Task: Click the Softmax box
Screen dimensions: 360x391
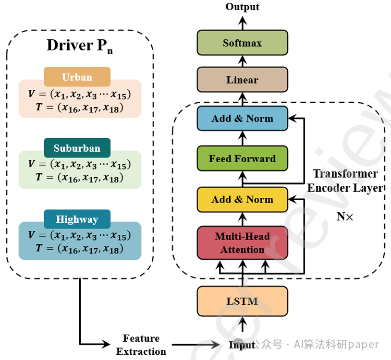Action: tap(242, 43)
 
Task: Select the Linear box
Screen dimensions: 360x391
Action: tap(242, 80)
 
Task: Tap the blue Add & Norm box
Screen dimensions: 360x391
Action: tap(242, 119)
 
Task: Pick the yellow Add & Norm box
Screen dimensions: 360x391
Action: tap(242, 199)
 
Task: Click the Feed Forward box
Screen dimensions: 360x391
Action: tap(242, 158)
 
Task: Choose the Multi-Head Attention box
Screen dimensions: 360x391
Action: tap(242, 242)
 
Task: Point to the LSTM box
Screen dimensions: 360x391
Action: tap(242, 301)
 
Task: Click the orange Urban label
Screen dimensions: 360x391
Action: tap(77, 77)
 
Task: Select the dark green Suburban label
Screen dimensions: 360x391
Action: tap(77, 148)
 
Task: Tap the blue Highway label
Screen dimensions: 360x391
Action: tap(77, 219)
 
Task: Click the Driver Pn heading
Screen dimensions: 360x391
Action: tap(80, 46)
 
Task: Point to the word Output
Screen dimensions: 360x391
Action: tap(242, 7)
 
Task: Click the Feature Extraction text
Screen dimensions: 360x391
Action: tap(141, 345)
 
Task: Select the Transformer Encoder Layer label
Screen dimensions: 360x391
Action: tap(345, 180)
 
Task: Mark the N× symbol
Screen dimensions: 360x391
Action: tap(344, 216)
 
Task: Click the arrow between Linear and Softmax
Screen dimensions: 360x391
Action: tap(242, 61)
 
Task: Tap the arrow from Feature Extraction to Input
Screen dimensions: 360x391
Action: tap(197, 345)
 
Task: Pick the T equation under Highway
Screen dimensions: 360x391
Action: tap(79, 249)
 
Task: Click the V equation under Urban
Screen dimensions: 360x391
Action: tap(79, 94)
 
